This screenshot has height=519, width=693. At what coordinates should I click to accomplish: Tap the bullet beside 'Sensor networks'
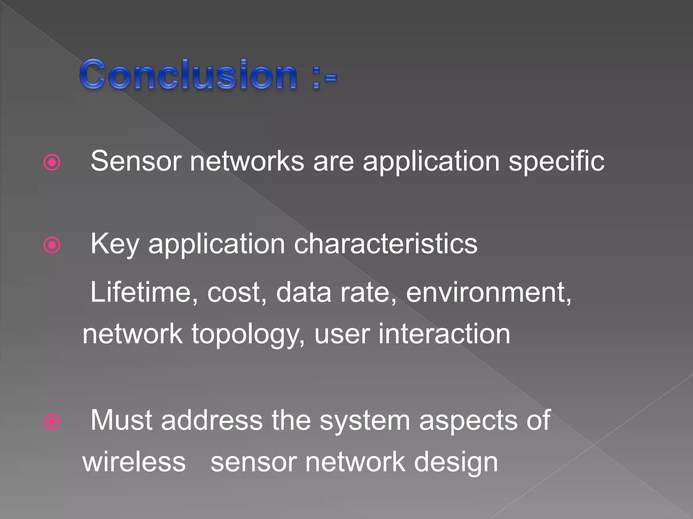[52, 163]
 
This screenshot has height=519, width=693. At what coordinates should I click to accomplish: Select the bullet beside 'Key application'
[52, 245]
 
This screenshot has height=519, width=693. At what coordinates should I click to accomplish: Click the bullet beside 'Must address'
[52, 421]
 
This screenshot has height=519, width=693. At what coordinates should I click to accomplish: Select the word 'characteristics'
[385, 244]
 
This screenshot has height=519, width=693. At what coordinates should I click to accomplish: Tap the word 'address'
[212, 421]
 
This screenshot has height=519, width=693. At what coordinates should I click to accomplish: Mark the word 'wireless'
[134, 462]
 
